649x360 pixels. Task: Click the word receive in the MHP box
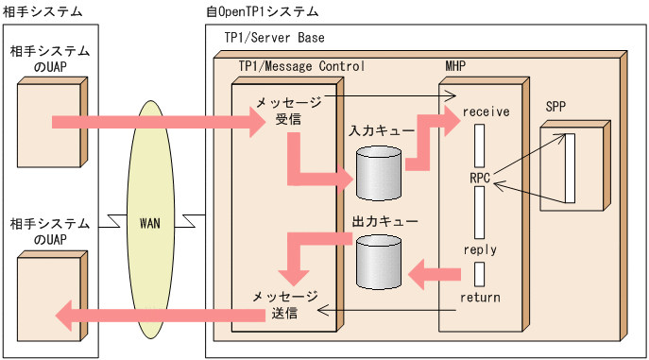[486, 111]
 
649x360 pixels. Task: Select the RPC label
[480, 177]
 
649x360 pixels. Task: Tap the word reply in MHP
[480, 249]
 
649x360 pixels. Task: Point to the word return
[480, 298]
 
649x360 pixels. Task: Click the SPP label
[555, 106]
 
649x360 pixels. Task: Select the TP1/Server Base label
[274, 37]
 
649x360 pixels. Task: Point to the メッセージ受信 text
[288, 111]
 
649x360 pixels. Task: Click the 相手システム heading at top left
[43, 12]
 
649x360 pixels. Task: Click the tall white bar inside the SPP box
[570, 168]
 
